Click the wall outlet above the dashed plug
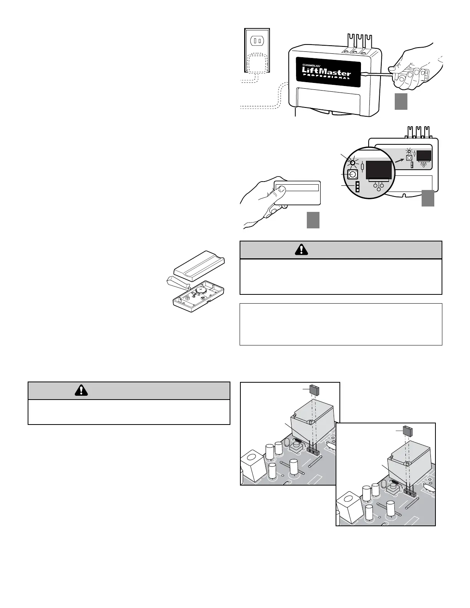coord(257,40)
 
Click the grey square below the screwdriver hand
coord(400,102)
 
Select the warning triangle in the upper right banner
coord(301,249)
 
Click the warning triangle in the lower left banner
coord(81,390)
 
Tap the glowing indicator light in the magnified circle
coord(352,162)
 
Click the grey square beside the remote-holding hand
coord(313,221)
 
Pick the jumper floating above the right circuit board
coord(408,430)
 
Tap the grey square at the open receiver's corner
coord(428,198)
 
